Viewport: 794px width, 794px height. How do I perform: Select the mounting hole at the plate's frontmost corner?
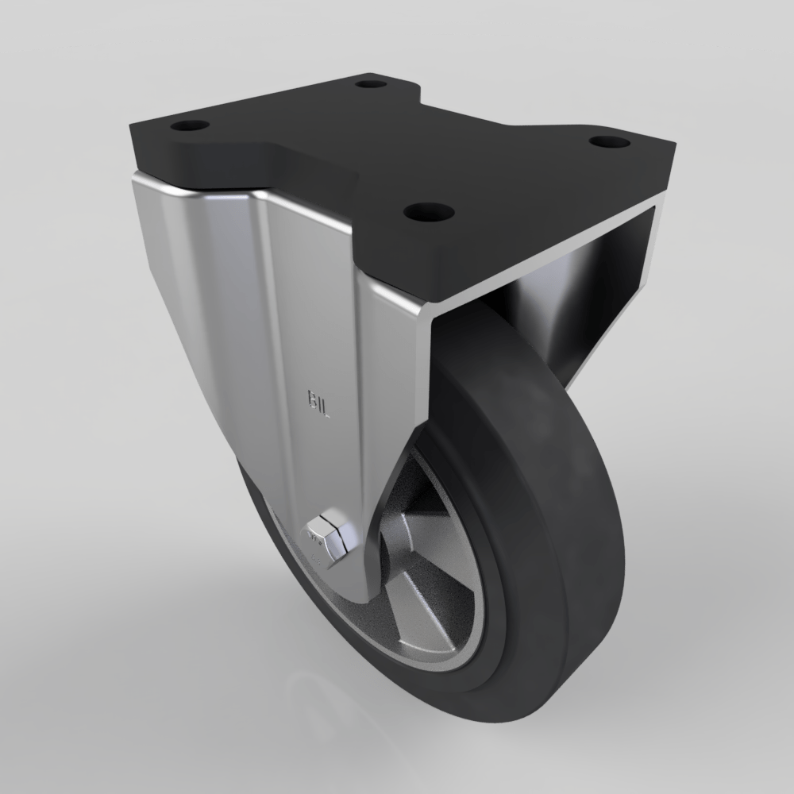click(429, 212)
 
